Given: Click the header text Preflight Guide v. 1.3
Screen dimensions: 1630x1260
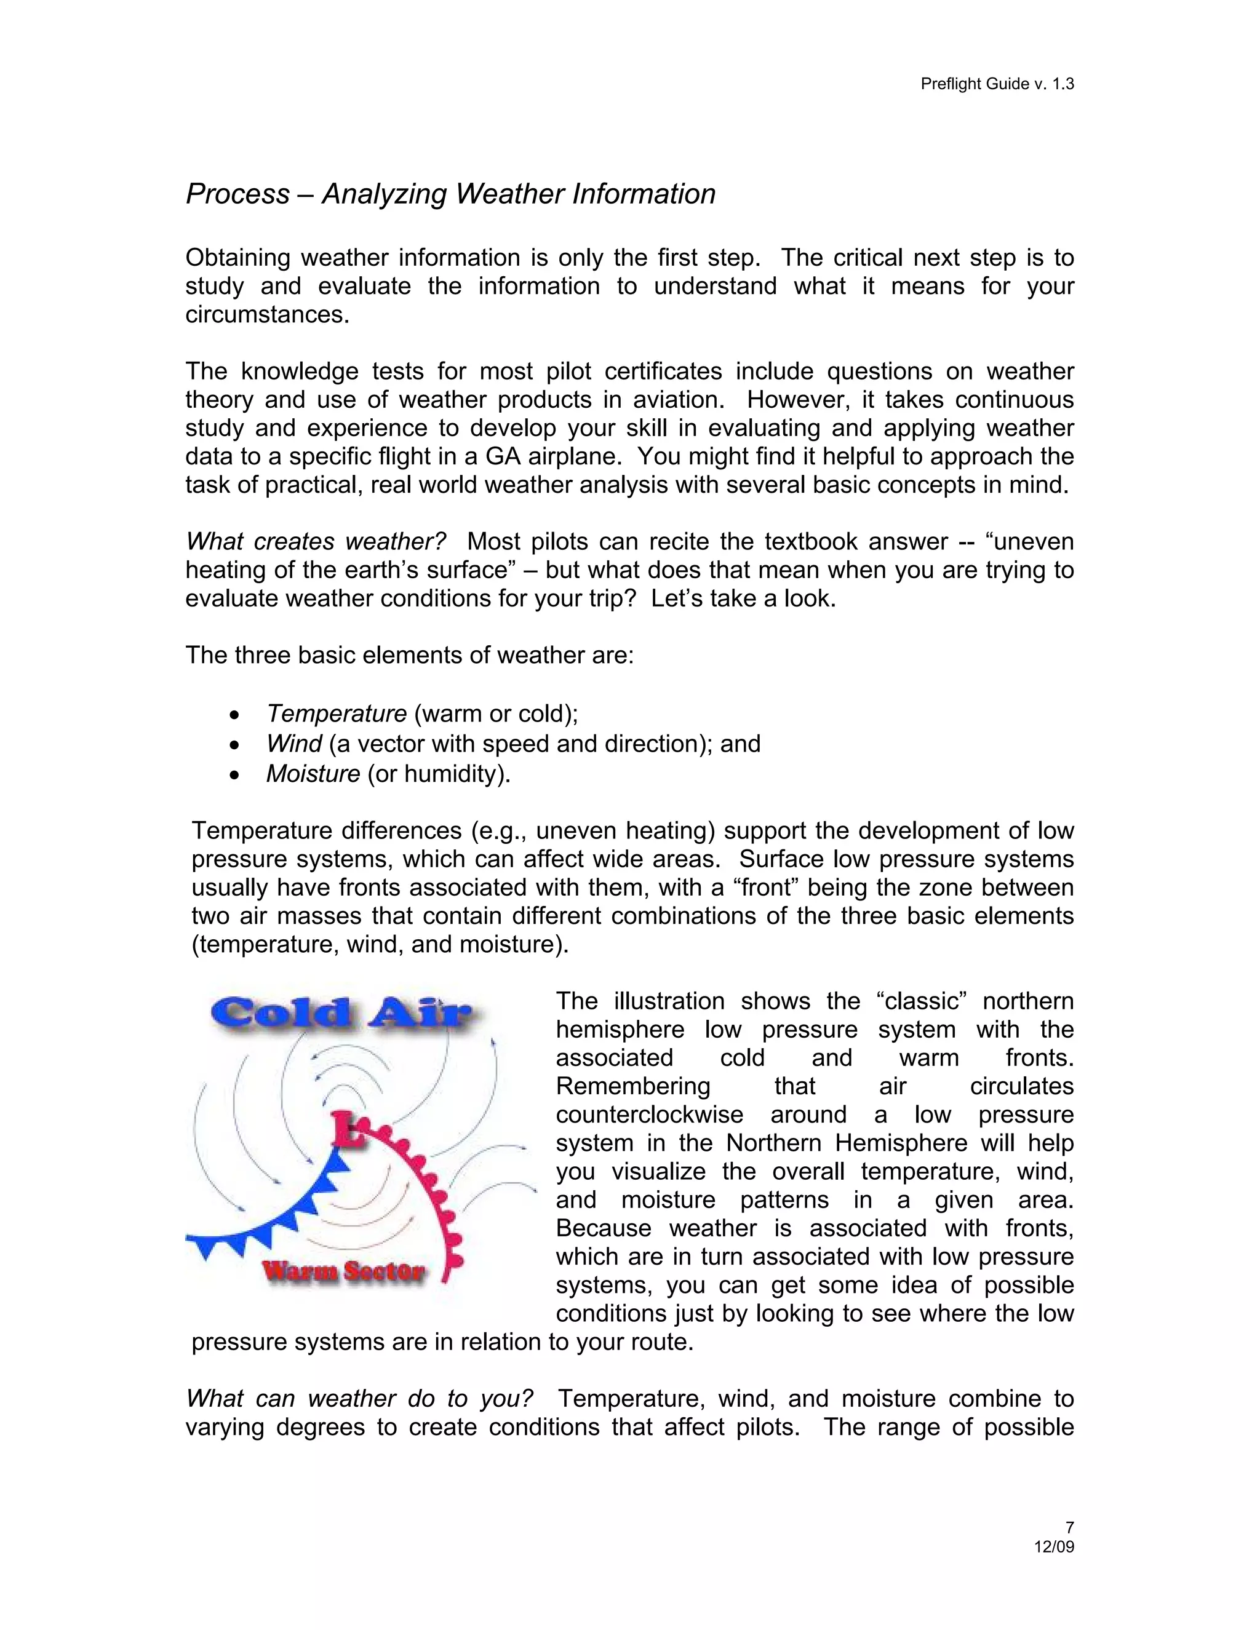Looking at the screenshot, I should coord(997,84).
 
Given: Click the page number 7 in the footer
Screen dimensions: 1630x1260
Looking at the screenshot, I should coord(1069,1528).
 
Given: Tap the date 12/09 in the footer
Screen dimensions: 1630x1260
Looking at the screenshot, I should coord(1053,1547).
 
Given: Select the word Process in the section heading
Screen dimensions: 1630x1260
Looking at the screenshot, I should coord(237,194).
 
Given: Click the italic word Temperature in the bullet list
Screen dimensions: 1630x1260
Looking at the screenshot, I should coord(337,714).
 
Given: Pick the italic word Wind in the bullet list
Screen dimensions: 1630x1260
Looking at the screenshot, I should coord(294,744).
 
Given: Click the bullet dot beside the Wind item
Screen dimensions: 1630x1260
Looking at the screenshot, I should coord(236,745).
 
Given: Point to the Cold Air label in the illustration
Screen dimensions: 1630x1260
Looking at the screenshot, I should coord(342,1013).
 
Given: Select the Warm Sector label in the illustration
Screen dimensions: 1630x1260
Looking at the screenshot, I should coord(343,1271).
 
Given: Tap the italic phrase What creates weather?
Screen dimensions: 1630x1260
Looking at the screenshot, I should coord(316,541).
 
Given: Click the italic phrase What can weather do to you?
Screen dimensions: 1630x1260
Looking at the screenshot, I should coord(360,1399).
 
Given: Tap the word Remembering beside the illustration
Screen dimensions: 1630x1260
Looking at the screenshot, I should coord(633,1087).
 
